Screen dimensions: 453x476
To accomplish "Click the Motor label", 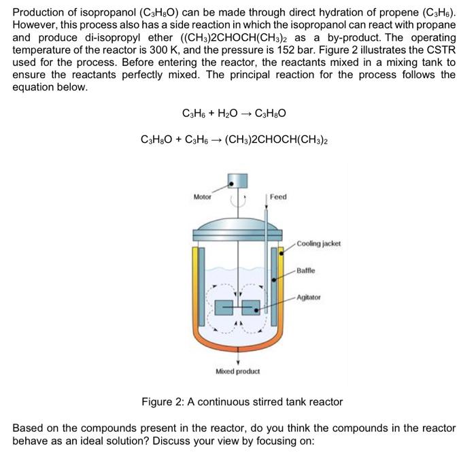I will (x=202, y=197).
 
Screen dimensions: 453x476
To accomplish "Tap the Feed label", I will (x=278, y=197).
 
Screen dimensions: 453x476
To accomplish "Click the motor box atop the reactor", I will (x=237, y=182).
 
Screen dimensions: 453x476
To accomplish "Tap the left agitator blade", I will (x=224, y=308).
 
